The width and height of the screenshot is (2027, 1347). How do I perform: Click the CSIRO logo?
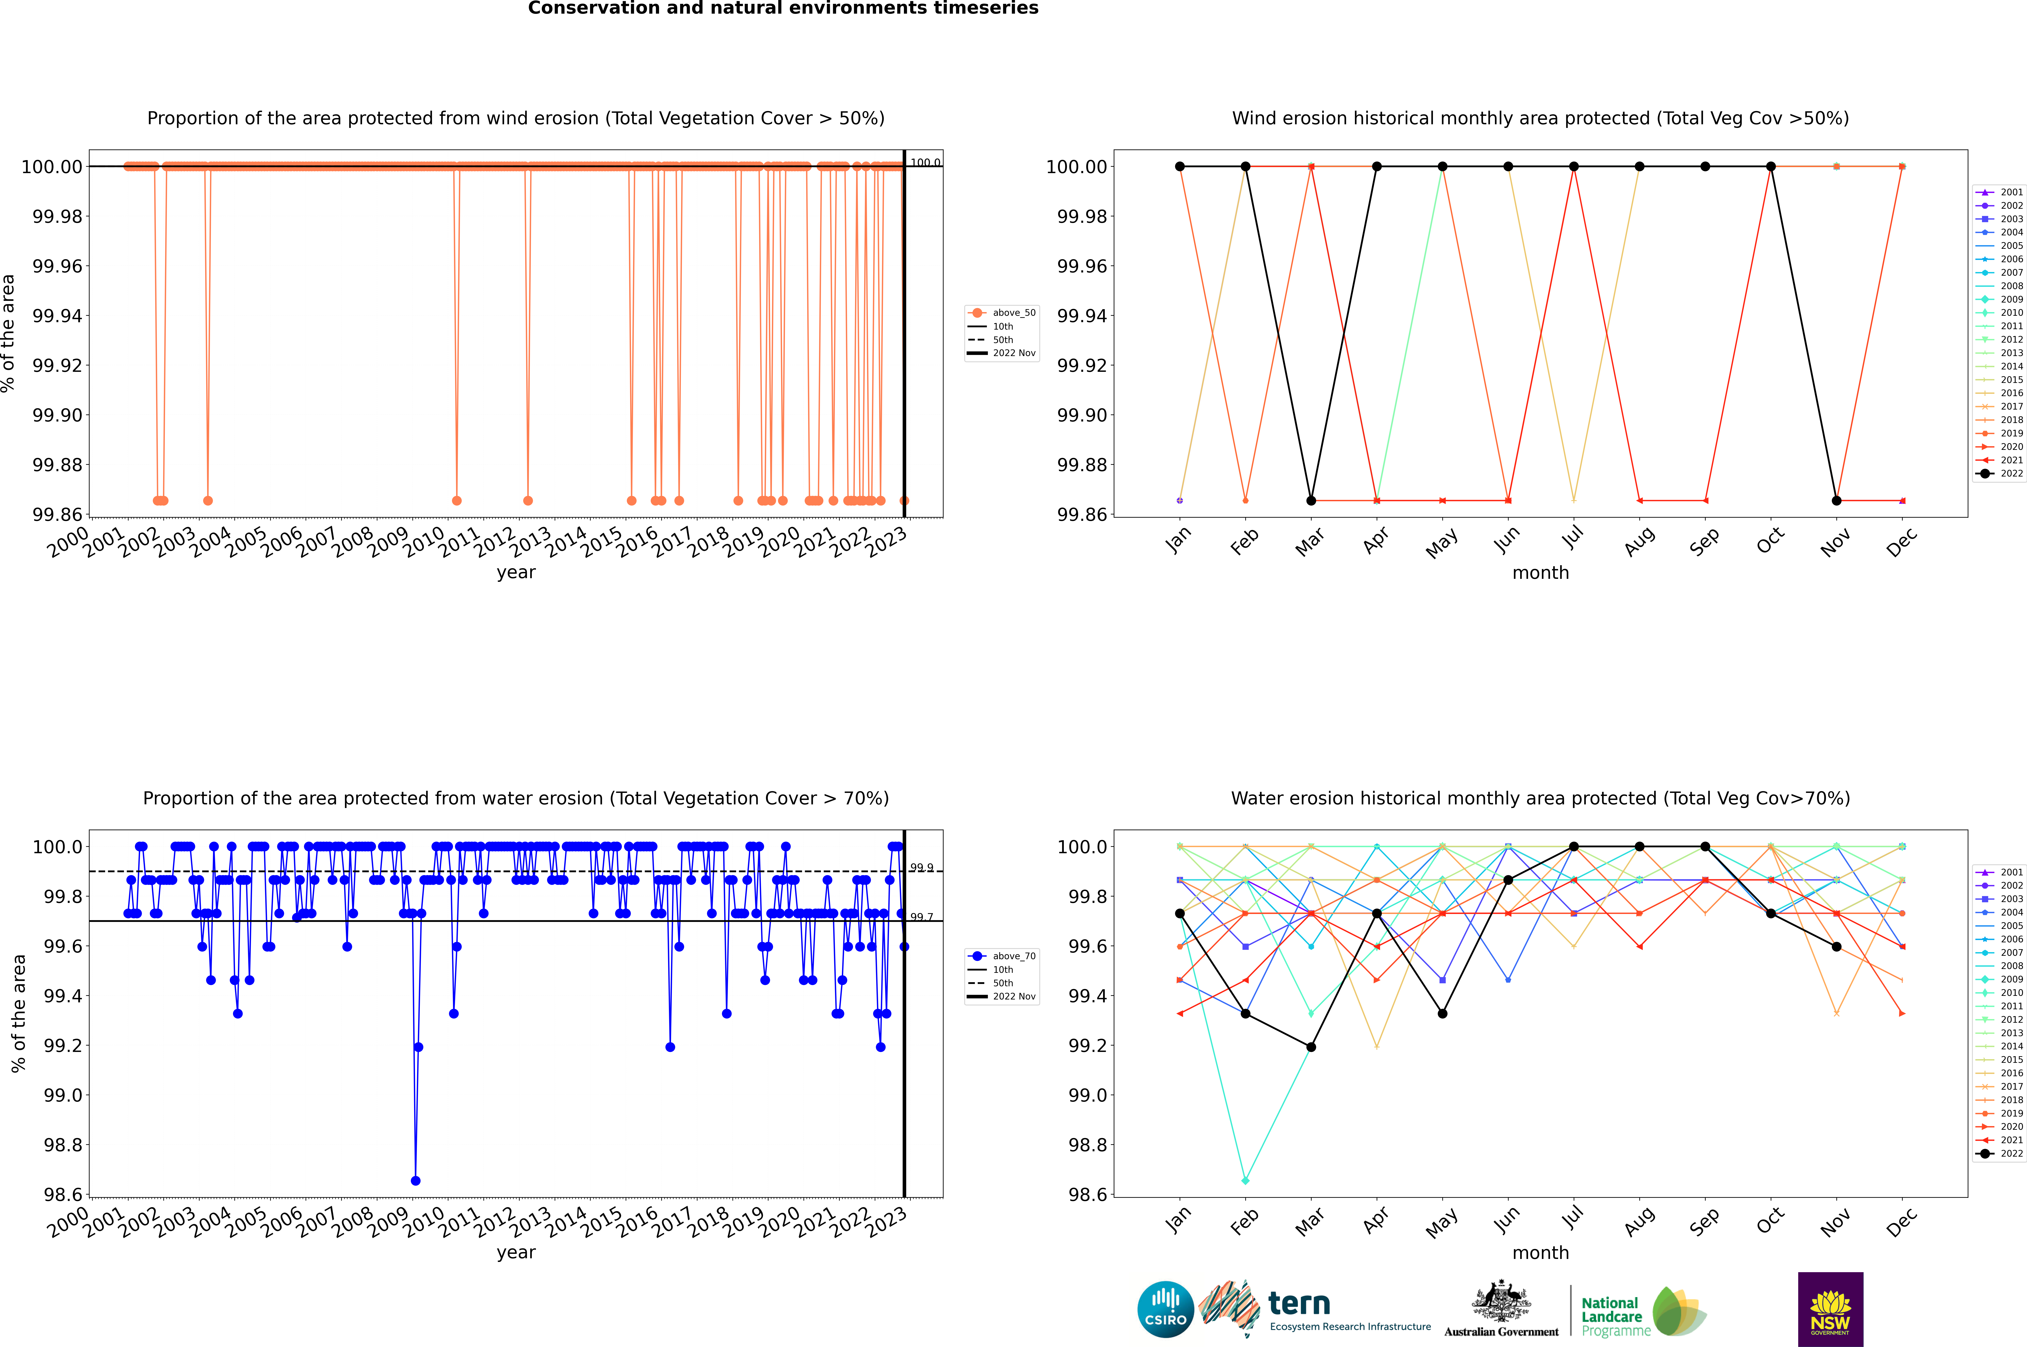tap(1165, 1309)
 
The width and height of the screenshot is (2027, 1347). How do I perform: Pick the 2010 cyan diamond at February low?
tap(1245, 1180)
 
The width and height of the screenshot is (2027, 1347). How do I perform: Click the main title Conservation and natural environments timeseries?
tap(783, 9)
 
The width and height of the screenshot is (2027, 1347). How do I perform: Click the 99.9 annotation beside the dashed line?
tap(921, 868)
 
